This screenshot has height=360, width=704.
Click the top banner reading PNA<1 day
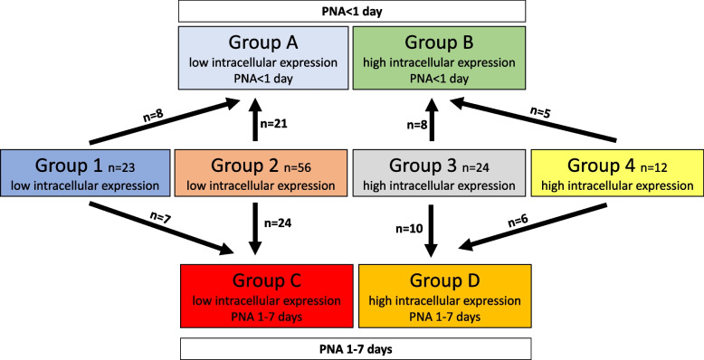pos(352,11)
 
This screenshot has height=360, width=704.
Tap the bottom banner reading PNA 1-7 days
pos(352,347)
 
